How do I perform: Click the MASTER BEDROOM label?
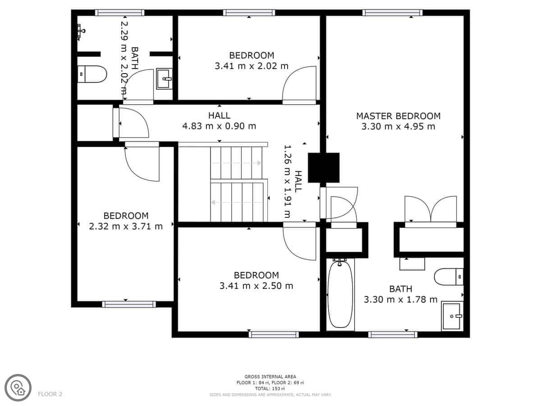point(398,116)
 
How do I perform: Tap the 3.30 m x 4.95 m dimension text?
point(398,126)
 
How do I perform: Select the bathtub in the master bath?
point(340,295)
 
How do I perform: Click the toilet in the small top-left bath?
point(92,74)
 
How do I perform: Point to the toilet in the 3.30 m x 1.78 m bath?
point(449,277)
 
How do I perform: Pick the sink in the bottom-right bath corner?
point(452,316)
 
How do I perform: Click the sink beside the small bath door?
point(164,78)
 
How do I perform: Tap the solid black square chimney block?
point(324,168)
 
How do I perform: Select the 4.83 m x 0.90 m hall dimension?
point(219,126)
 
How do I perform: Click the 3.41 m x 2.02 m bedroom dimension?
point(252,66)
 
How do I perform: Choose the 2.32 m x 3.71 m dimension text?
point(126,226)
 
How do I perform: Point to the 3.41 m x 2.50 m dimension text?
point(257,286)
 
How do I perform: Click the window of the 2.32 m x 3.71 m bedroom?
point(129,304)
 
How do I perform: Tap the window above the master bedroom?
point(392,13)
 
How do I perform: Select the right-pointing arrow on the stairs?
point(236,163)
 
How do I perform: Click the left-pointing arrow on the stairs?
point(236,203)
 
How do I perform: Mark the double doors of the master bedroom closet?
point(431,209)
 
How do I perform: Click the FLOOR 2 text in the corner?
point(50,394)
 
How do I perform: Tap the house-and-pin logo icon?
point(18,388)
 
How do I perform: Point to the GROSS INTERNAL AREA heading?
point(270,377)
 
